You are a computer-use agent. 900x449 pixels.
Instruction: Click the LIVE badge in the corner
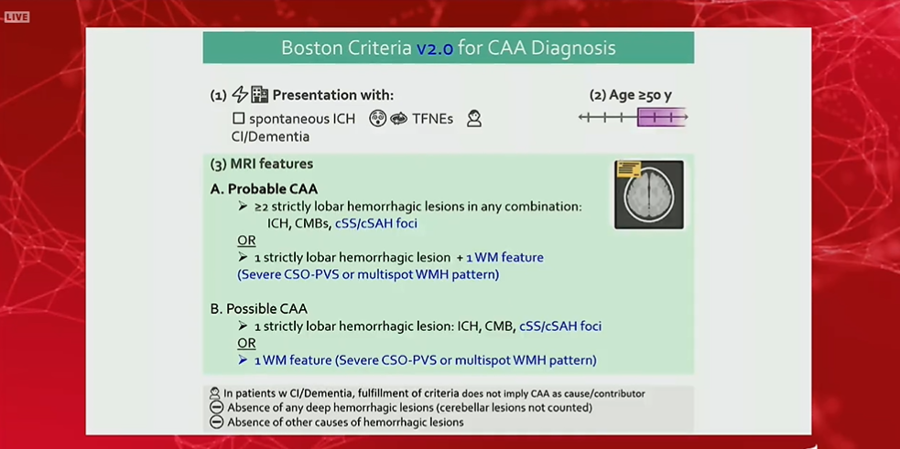[16, 16]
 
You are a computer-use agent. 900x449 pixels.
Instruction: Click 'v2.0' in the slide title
[435, 48]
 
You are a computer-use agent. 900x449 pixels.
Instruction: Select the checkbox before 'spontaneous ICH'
[238, 119]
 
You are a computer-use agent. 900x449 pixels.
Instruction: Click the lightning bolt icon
[240, 95]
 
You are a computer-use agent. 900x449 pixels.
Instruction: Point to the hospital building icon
[260, 95]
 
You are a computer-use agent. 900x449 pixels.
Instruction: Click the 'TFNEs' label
[432, 119]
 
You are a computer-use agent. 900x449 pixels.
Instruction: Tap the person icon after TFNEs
[473, 119]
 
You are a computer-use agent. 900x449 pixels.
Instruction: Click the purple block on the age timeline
[661, 117]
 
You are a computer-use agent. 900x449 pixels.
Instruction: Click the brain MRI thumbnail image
[649, 194]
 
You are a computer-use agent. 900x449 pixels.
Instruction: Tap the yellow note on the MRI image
[628, 170]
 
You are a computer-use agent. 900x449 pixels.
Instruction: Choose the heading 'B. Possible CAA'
[259, 309]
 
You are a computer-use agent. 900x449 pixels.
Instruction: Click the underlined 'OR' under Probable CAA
[246, 241]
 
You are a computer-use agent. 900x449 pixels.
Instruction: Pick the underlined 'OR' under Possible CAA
[246, 343]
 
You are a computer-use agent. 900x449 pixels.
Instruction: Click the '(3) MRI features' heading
[262, 165]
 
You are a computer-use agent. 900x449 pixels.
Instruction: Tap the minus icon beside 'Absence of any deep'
[216, 408]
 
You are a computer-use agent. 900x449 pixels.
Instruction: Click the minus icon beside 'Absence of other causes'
[216, 422]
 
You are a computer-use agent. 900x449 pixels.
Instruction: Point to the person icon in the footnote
[216, 393]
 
